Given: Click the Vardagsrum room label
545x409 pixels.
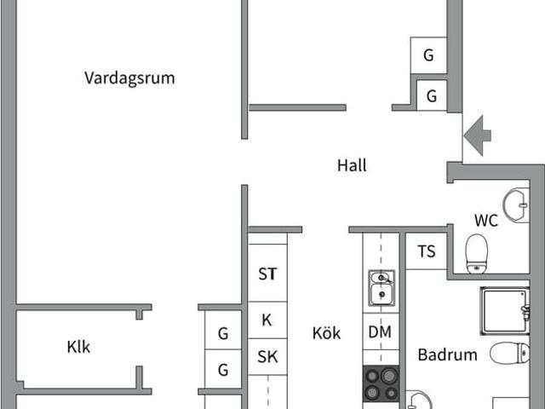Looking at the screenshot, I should coord(129,78).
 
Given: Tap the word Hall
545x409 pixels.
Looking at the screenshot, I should coord(352,165).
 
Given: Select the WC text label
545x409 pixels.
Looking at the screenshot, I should coord(485,221).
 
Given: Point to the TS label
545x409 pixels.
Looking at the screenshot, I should coord(427,251).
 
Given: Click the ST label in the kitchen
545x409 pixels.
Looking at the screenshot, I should coord(267,274).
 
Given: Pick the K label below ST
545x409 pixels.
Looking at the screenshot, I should coord(267,320).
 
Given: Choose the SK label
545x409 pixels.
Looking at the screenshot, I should coord(267,357).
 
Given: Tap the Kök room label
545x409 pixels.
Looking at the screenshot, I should coord(326,333).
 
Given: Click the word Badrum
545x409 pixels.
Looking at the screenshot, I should coord(447,354).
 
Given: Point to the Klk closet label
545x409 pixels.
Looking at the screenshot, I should coord(78,347).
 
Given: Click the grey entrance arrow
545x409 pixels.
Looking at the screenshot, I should coord(478,135).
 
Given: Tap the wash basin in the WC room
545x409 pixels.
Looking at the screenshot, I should coord(516,205).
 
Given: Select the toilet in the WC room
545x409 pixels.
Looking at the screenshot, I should coord(477,253).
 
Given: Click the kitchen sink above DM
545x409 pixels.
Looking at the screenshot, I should coord(381,287).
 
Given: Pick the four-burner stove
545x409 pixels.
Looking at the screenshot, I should coord(381,383).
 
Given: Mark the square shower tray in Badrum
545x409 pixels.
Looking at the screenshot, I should coord(504,310).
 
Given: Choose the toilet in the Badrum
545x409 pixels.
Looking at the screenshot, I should coord(511,353).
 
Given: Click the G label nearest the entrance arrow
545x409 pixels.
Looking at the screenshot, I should coord(432,96).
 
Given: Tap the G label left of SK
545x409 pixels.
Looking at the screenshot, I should coord(223,370).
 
